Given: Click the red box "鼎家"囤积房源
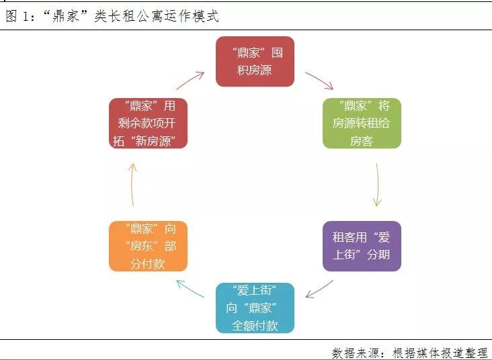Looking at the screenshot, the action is coord(255,62).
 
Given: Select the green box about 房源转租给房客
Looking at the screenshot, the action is coord(362,124).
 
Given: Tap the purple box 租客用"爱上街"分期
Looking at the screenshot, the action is coord(362,246).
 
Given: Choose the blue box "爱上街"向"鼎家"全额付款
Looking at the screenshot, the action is coord(255,308).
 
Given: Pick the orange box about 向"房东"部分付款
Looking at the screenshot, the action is coord(148,246).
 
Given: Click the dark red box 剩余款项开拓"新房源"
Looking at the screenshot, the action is coord(148,124).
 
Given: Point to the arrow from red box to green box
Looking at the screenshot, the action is coord(319,81).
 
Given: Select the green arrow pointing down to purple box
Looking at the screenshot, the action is coord(377,184).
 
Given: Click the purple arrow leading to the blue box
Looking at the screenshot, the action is coord(319,289).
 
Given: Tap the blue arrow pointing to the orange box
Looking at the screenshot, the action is coord(191,289).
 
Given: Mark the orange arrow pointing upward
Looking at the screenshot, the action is coord(133,184).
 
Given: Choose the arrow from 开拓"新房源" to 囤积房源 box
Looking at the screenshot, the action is coord(190,81).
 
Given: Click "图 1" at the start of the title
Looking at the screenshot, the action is coord(18,17).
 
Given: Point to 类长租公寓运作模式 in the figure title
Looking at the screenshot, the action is coord(157,17).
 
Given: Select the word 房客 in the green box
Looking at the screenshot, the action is coord(362,141).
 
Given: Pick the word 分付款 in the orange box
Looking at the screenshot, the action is coord(148,264).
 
